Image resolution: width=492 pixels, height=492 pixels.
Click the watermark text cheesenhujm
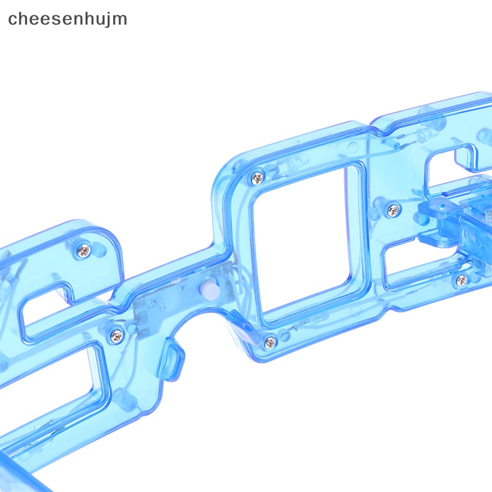pyautogui.click(x=68, y=20)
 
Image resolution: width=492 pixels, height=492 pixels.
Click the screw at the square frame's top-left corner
pyautogui.click(x=258, y=178)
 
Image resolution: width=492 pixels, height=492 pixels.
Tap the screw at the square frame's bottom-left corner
pyautogui.click(x=270, y=342)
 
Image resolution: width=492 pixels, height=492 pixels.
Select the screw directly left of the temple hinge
pyautogui.click(x=394, y=210)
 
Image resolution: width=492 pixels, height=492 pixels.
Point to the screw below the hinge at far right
pyautogui.click(x=462, y=280)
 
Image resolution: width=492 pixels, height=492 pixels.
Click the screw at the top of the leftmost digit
pyautogui.click(x=84, y=250)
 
